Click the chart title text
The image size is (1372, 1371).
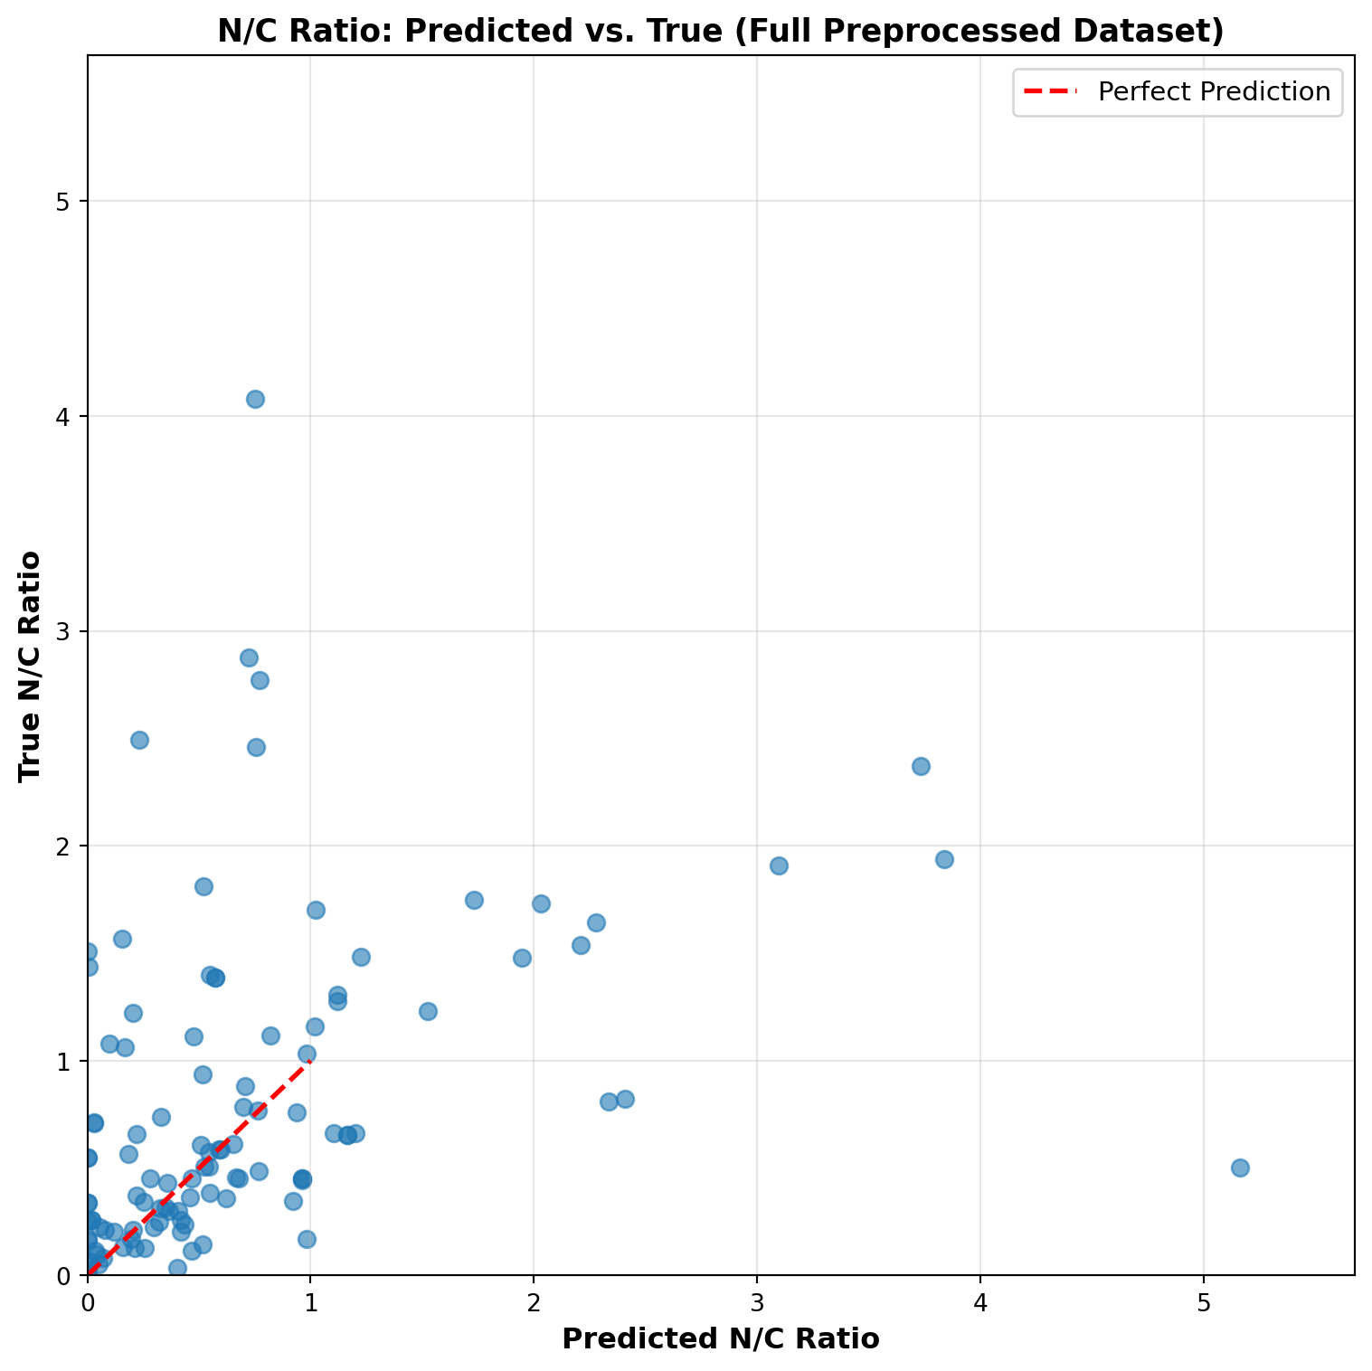coord(720,32)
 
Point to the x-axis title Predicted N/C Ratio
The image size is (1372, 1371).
coord(720,1338)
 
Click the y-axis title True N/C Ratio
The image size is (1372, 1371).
coord(32,665)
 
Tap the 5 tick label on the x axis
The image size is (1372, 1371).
coord(1203,1301)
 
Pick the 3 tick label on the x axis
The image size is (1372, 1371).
coord(756,1301)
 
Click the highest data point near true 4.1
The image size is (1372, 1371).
coord(255,399)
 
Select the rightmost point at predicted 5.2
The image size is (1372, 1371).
coord(1240,1168)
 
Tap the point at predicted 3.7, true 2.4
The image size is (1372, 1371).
coord(921,766)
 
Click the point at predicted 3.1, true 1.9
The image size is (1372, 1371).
coord(779,865)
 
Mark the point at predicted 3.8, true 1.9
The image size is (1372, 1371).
coord(944,859)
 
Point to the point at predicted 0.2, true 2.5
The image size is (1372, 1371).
coord(139,740)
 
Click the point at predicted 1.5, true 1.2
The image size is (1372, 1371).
coord(428,1011)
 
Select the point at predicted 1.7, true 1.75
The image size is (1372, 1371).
coord(474,900)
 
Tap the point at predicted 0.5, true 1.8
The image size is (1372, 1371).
coord(203,886)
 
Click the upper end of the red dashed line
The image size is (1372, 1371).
coord(310,1061)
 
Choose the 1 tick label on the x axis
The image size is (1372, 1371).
coord(310,1301)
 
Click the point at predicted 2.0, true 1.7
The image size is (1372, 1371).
coord(541,903)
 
